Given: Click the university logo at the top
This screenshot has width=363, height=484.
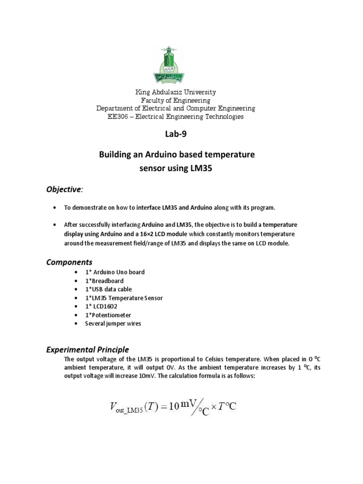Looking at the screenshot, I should click(x=175, y=65).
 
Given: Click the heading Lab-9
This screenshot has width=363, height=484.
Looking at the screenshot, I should click(x=175, y=134).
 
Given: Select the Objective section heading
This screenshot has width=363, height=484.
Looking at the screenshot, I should click(x=63, y=189).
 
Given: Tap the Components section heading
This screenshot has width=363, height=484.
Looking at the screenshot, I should click(x=69, y=262).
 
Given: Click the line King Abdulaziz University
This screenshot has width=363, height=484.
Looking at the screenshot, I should click(x=175, y=93).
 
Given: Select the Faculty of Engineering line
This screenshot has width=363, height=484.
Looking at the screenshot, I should click(x=175, y=101).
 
